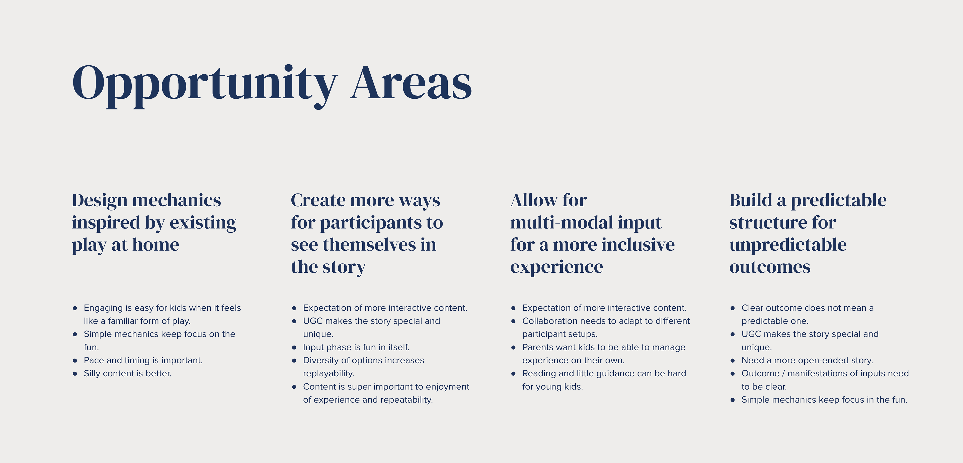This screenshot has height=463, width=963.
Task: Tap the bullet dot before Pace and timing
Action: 75,361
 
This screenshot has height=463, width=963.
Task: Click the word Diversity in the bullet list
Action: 321,361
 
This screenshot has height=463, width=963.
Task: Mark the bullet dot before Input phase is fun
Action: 294,348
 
